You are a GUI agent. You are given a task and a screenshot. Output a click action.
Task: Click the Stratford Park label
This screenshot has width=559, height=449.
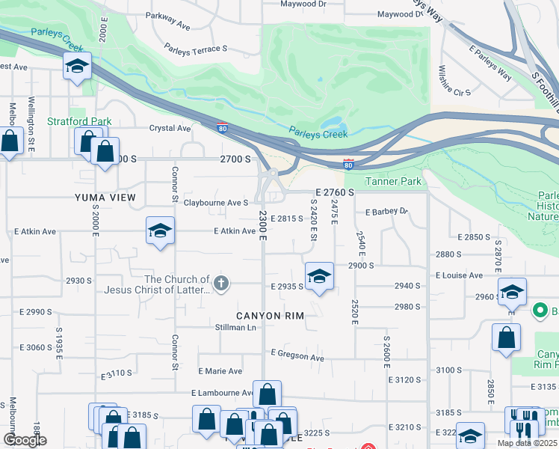(x=79, y=121)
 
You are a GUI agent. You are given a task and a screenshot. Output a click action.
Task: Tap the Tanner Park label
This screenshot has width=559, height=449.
(x=393, y=181)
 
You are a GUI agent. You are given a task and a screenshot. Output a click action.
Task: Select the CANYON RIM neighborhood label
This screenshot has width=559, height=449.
(x=270, y=316)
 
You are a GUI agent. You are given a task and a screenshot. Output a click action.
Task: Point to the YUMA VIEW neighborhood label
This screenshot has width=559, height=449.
(x=105, y=198)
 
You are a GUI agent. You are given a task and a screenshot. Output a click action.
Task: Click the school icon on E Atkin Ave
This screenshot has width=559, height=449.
(x=160, y=231)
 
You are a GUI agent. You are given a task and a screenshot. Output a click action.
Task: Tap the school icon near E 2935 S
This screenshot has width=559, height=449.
(x=319, y=276)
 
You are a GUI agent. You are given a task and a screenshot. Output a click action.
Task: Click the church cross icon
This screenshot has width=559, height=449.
(x=220, y=283)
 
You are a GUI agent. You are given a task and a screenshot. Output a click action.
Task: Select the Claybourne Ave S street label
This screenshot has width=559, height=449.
(x=216, y=203)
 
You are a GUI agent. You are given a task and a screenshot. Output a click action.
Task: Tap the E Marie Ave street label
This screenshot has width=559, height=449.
(x=220, y=371)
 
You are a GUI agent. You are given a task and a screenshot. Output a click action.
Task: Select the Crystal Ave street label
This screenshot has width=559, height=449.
(x=170, y=128)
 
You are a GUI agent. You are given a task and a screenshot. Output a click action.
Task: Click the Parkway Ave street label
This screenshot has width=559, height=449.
(x=168, y=21)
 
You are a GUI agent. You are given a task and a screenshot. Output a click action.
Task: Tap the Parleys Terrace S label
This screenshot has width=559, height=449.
(x=195, y=49)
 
